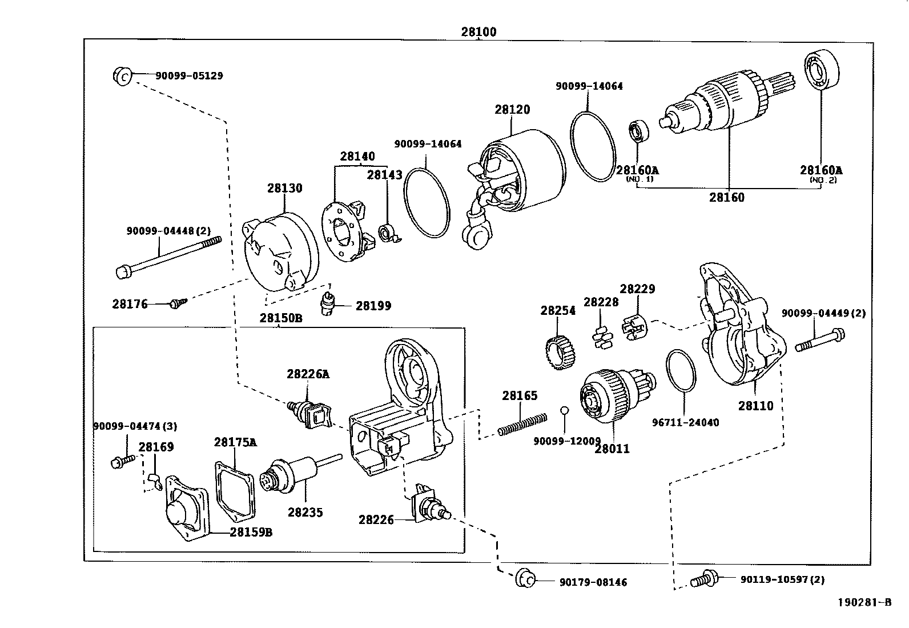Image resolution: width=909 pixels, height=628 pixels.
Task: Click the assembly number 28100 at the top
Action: tap(478, 32)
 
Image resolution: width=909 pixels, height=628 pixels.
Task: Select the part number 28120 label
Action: tap(512, 110)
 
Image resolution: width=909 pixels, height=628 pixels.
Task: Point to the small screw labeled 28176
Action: tap(175, 304)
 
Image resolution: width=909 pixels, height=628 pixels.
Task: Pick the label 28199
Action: tap(373, 306)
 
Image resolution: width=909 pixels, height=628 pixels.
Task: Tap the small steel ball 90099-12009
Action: tap(564, 410)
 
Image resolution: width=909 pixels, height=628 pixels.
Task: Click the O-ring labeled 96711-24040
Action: tap(681, 371)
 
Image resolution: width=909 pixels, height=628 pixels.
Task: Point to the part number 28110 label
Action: tap(755, 406)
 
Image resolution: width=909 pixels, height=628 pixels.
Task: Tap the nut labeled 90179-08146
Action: tap(525, 578)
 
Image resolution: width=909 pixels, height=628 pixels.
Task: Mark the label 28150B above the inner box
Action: tap(280, 318)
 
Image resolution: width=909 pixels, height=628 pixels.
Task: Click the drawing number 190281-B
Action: tap(864, 602)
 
